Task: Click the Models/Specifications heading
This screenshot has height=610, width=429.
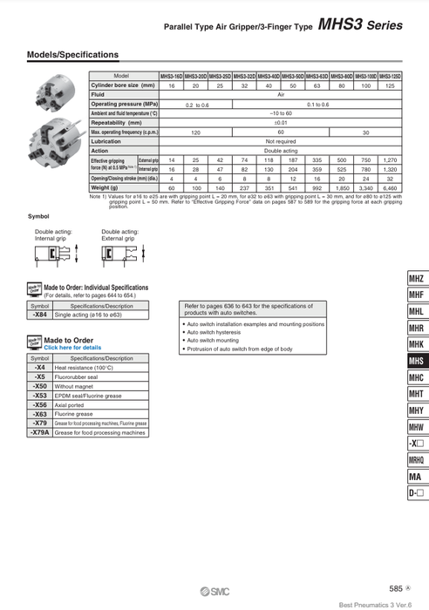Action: point(73,55)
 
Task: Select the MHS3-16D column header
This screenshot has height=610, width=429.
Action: point(172,77)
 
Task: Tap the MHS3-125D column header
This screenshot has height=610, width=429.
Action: point(391,77)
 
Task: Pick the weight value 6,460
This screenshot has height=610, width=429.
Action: point(391,187)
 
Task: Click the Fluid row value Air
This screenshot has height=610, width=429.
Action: point(281,95)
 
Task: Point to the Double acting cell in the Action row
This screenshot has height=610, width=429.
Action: point(281,151)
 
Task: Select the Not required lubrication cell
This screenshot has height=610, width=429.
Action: point(281,141)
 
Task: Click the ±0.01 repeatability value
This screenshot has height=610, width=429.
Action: point(281,123)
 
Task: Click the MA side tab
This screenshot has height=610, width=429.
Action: point(416,477)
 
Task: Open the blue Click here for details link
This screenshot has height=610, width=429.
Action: point(72,348)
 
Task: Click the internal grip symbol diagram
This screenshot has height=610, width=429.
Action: point(50,254)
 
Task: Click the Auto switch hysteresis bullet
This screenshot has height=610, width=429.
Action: point(214,332)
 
